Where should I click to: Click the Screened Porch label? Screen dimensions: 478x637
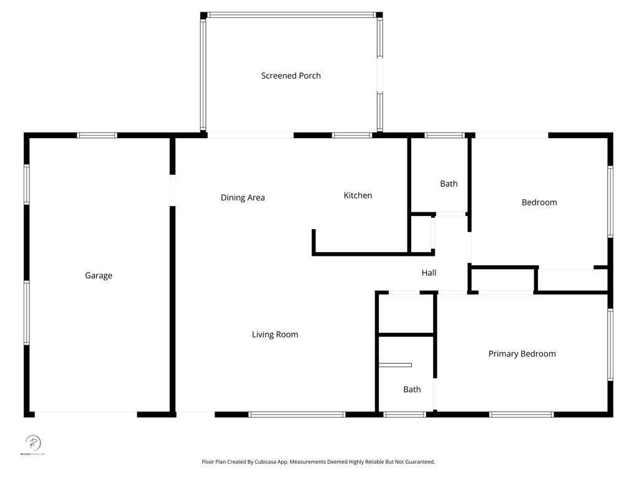[x=291, y=76]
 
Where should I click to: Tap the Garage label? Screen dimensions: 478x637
[x=99, y=276]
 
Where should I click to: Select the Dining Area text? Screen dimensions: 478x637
[x=243, y=198]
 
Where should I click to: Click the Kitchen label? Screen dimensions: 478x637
[x=358, y=195]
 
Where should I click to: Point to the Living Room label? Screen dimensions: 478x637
[x=275, y=335]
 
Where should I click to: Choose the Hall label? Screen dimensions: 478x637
[x=429, y=273]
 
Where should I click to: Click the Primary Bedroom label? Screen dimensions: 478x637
[x=522, y=354]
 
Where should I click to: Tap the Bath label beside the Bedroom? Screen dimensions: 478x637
[x=449, y=184]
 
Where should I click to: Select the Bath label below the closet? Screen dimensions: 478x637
[x=412, y=390]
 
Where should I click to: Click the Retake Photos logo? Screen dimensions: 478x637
[x=33, y=444]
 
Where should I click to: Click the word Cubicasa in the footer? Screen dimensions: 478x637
[x=261, y=462]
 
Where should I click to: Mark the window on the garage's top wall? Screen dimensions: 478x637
[x=97, y=135]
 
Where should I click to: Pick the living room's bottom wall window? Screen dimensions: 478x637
[x=297, y=414]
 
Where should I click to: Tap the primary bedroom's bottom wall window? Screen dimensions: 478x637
[x=521, y=414]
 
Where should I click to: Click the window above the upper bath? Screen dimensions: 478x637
[x=444, y=135]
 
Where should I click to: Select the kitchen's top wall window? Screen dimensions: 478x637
[x=351, y=135]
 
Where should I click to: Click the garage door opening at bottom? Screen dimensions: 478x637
[x=86, y=414]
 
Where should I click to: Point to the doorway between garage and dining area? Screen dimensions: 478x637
[x=172, y=190]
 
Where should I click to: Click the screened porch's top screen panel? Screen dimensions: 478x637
[x=291, y=15]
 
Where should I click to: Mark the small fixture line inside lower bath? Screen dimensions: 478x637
[x=396, y=365]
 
